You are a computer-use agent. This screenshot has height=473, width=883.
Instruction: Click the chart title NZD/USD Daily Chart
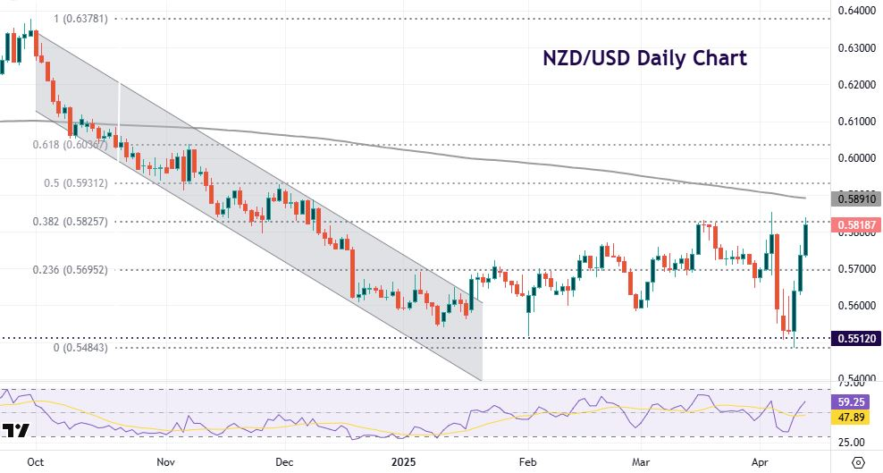click(x=644, y=59)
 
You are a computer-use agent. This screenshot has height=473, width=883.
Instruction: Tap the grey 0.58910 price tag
click(x=857, y=198)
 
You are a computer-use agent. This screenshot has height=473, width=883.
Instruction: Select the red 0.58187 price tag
click(x=857, y=224)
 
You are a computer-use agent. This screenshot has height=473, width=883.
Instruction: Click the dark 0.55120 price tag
click(x=857, y=339)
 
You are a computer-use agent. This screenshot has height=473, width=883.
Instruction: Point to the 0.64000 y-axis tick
click(x=857, y=11)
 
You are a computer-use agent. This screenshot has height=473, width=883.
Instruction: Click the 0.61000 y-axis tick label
click(x=857, y=121)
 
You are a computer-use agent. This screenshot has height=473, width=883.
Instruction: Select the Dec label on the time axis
click(x=284, y=462)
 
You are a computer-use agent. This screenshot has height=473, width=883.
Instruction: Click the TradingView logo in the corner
click(x=15, y=432)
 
